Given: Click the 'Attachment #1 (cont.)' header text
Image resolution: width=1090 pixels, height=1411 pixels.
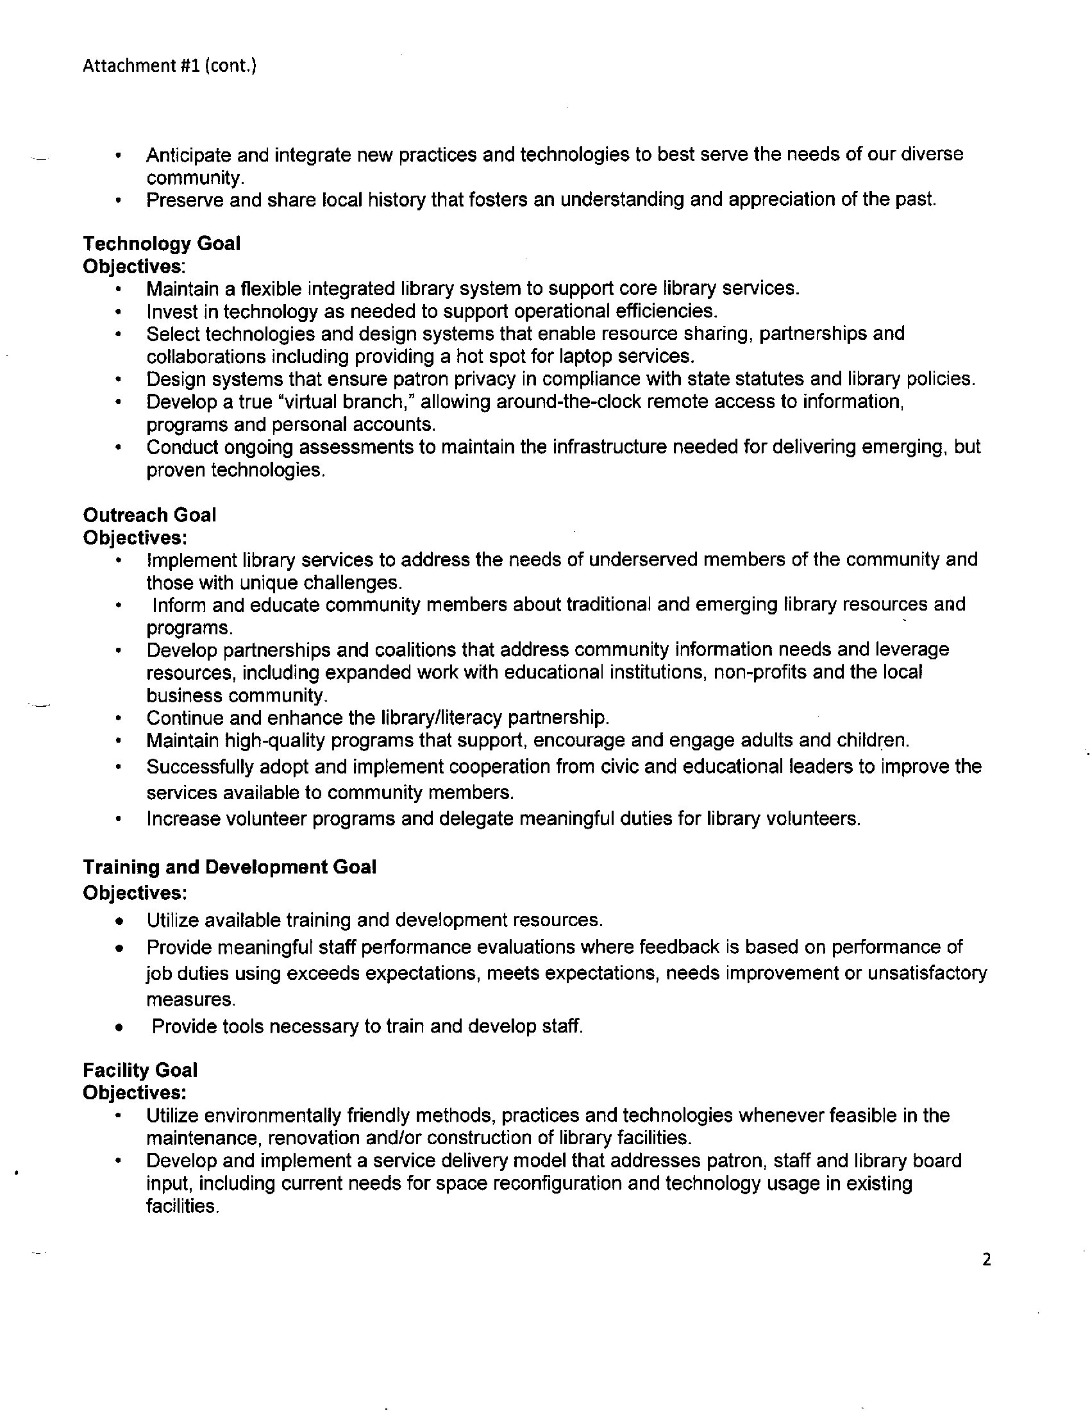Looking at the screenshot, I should [x=170, y=66].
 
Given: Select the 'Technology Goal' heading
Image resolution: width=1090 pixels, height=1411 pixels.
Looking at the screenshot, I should [x=162, y=244].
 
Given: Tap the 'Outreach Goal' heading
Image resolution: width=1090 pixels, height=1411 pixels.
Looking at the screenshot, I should [x=149, y=515].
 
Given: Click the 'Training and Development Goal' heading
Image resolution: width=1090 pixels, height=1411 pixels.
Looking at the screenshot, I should [x=230, y=867].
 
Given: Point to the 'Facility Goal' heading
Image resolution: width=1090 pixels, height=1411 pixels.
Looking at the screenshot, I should [x=140, y=1070].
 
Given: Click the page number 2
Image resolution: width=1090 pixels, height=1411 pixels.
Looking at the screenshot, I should [x=986, y=1260].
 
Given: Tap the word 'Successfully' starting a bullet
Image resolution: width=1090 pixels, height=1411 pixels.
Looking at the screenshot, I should [x=198, y=767].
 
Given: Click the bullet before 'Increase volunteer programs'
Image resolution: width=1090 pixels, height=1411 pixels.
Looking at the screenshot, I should [x=118, y=819].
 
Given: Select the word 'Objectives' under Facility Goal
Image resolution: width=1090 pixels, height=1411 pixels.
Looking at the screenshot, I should [x=132, y=1092].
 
